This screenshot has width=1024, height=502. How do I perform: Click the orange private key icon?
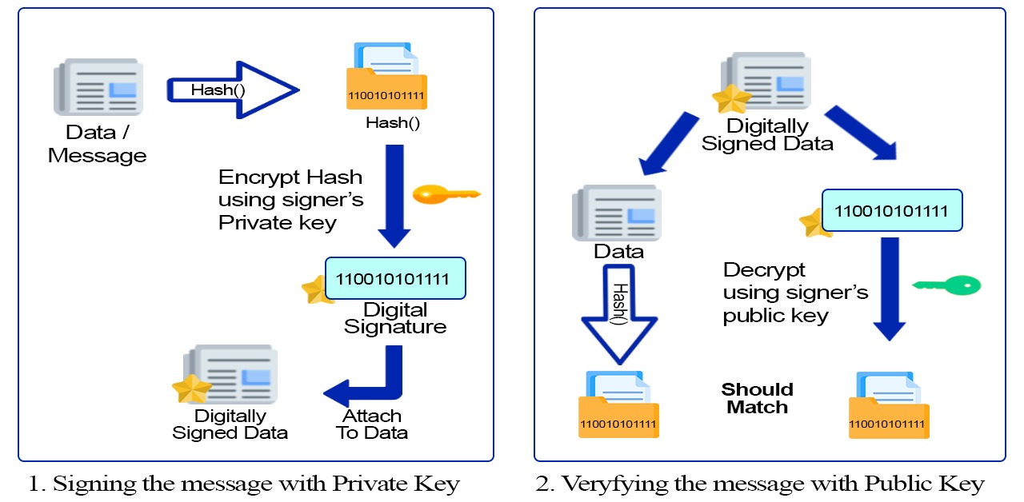click(446, 193)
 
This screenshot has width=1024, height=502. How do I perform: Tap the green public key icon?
click(946, 285)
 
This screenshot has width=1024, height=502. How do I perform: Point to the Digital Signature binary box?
click(394, 279)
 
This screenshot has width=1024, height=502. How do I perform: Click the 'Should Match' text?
click(757, 398)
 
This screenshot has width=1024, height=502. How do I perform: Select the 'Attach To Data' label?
click(372, 424)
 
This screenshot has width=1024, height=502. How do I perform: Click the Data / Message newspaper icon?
click(98, 87)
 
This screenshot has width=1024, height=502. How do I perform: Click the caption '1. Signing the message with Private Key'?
click(244, 483)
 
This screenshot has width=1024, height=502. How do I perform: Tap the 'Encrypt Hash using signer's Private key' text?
click(290, 199)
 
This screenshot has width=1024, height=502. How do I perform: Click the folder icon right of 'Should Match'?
click(888, 405)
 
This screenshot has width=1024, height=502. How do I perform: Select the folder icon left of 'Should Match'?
click(618, 405)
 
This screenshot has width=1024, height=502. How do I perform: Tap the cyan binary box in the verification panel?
click(891, 212)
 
